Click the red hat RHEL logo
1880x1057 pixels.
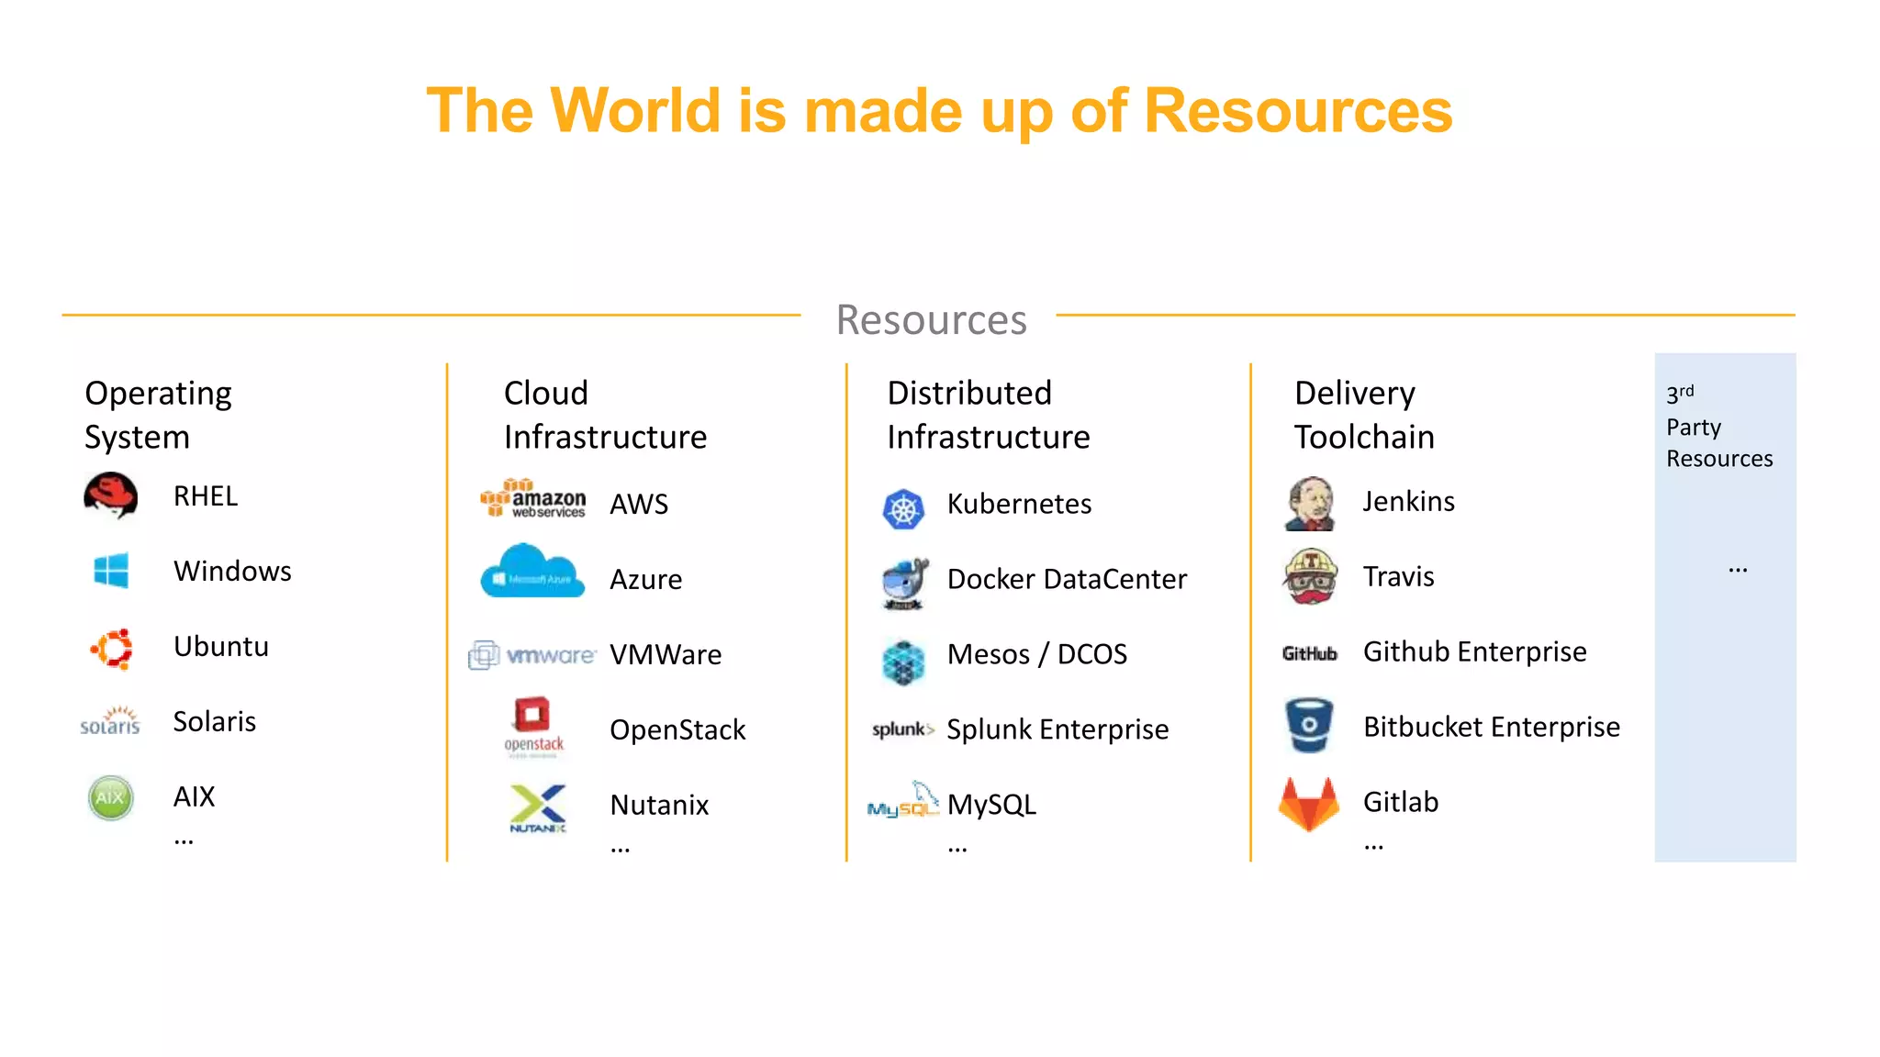click(111, 496)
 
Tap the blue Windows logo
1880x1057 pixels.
click(111, 571)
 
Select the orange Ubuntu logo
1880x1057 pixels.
click(112, 649)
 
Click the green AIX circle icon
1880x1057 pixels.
click(111, 797)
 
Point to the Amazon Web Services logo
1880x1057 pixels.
click(533, 499)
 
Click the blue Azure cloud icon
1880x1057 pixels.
click(532, 572)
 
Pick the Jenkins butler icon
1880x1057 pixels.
click(1310, 504)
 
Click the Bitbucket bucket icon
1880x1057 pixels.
click(1309, 725)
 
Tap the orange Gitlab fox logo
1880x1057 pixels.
click(1309, 804)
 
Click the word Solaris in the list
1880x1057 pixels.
click(215, 722)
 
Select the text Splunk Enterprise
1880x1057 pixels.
click(1057, 729)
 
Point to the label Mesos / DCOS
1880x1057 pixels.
click(1036, 654)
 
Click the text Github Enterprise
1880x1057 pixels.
click(1474, 651)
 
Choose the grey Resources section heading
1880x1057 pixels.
click(931, 320)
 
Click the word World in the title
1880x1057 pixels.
click(635, 111)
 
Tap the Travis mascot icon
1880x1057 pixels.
click(1310, 577)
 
